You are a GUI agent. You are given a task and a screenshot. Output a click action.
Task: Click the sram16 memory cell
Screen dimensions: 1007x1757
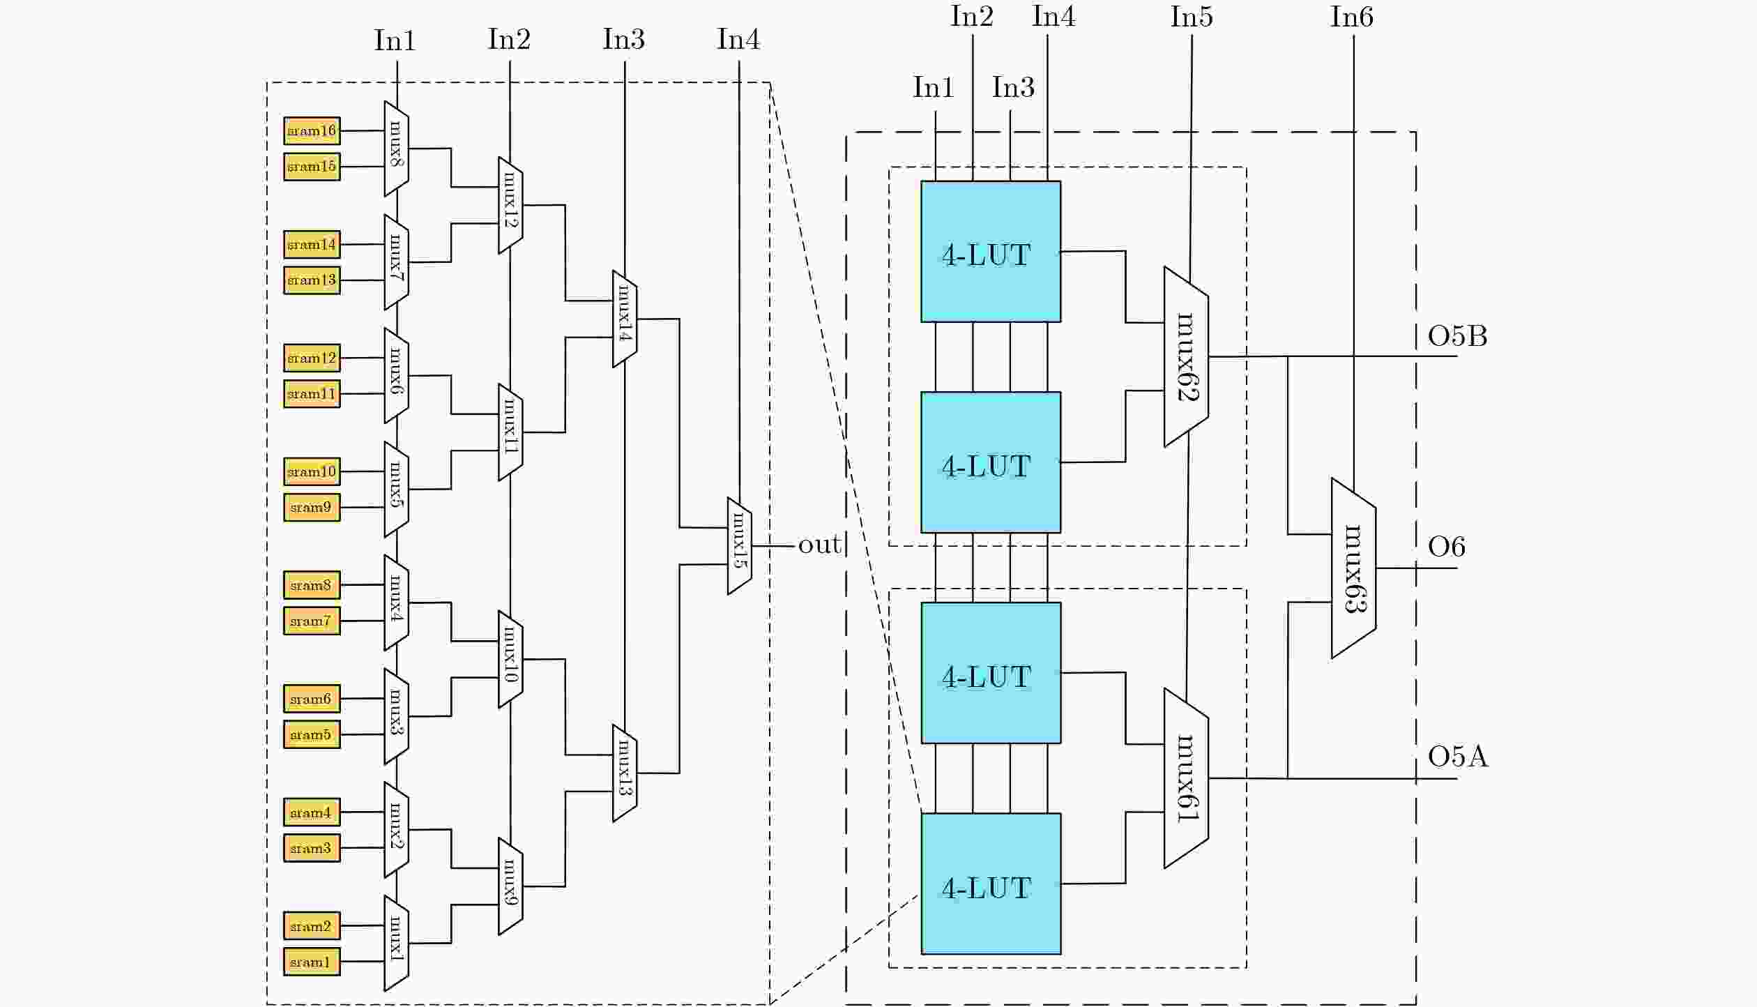(312, 131)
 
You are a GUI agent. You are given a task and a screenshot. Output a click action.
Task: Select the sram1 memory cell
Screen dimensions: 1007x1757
(312, 962)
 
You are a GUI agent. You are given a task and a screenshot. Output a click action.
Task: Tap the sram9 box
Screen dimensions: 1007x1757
(312, 507)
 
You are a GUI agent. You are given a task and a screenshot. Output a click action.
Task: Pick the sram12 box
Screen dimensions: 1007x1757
(312, 358)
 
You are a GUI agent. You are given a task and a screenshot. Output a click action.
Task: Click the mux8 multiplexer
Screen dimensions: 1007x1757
(396, 149)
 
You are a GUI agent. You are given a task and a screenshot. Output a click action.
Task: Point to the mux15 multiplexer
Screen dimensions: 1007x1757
(739, 546)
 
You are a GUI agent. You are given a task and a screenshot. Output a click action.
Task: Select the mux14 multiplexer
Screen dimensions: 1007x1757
(624, 319)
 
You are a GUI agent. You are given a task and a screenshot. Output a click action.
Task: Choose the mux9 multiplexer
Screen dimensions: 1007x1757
(510, 886)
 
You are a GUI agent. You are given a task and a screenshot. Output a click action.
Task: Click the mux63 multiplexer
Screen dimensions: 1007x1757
(1353, 568)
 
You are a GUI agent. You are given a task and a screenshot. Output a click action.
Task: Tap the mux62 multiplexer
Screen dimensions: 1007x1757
(1186, 356)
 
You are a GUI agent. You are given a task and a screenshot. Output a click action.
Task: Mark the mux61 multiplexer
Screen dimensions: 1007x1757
(1186, 778)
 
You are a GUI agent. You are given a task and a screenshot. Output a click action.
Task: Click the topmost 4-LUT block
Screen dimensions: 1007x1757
(991, 252)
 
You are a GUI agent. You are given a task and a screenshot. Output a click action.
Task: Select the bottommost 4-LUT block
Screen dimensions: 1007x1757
(991, 884)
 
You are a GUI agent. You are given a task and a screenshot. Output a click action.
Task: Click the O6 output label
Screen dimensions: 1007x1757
(1446, 547)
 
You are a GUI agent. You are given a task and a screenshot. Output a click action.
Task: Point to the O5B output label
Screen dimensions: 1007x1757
(1457, 337)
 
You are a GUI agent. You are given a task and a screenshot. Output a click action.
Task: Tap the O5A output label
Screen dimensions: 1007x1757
(1457, 757)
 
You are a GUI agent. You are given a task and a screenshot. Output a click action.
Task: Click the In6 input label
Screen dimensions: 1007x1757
(1351, 17)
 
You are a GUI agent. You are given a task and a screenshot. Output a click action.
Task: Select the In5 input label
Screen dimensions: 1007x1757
(1192, 17)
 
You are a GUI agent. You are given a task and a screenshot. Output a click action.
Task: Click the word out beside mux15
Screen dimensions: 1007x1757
(819, 545)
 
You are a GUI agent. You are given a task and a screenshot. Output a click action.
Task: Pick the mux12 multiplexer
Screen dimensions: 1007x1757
(510, 205)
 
